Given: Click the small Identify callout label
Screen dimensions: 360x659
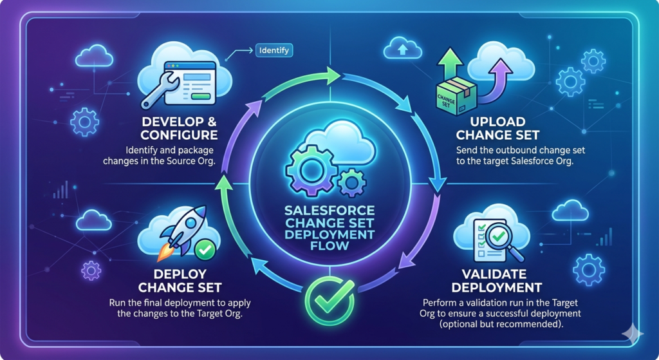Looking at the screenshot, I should pyautogui.click(x=274, y=50).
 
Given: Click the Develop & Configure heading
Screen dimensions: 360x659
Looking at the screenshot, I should pyautogui.click(x=180, y=129).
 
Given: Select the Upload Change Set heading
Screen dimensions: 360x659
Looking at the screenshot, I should pyautogui.click(x=489, y=128).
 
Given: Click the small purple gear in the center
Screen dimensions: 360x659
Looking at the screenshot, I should pyautogui.click(x=350, y=183).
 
